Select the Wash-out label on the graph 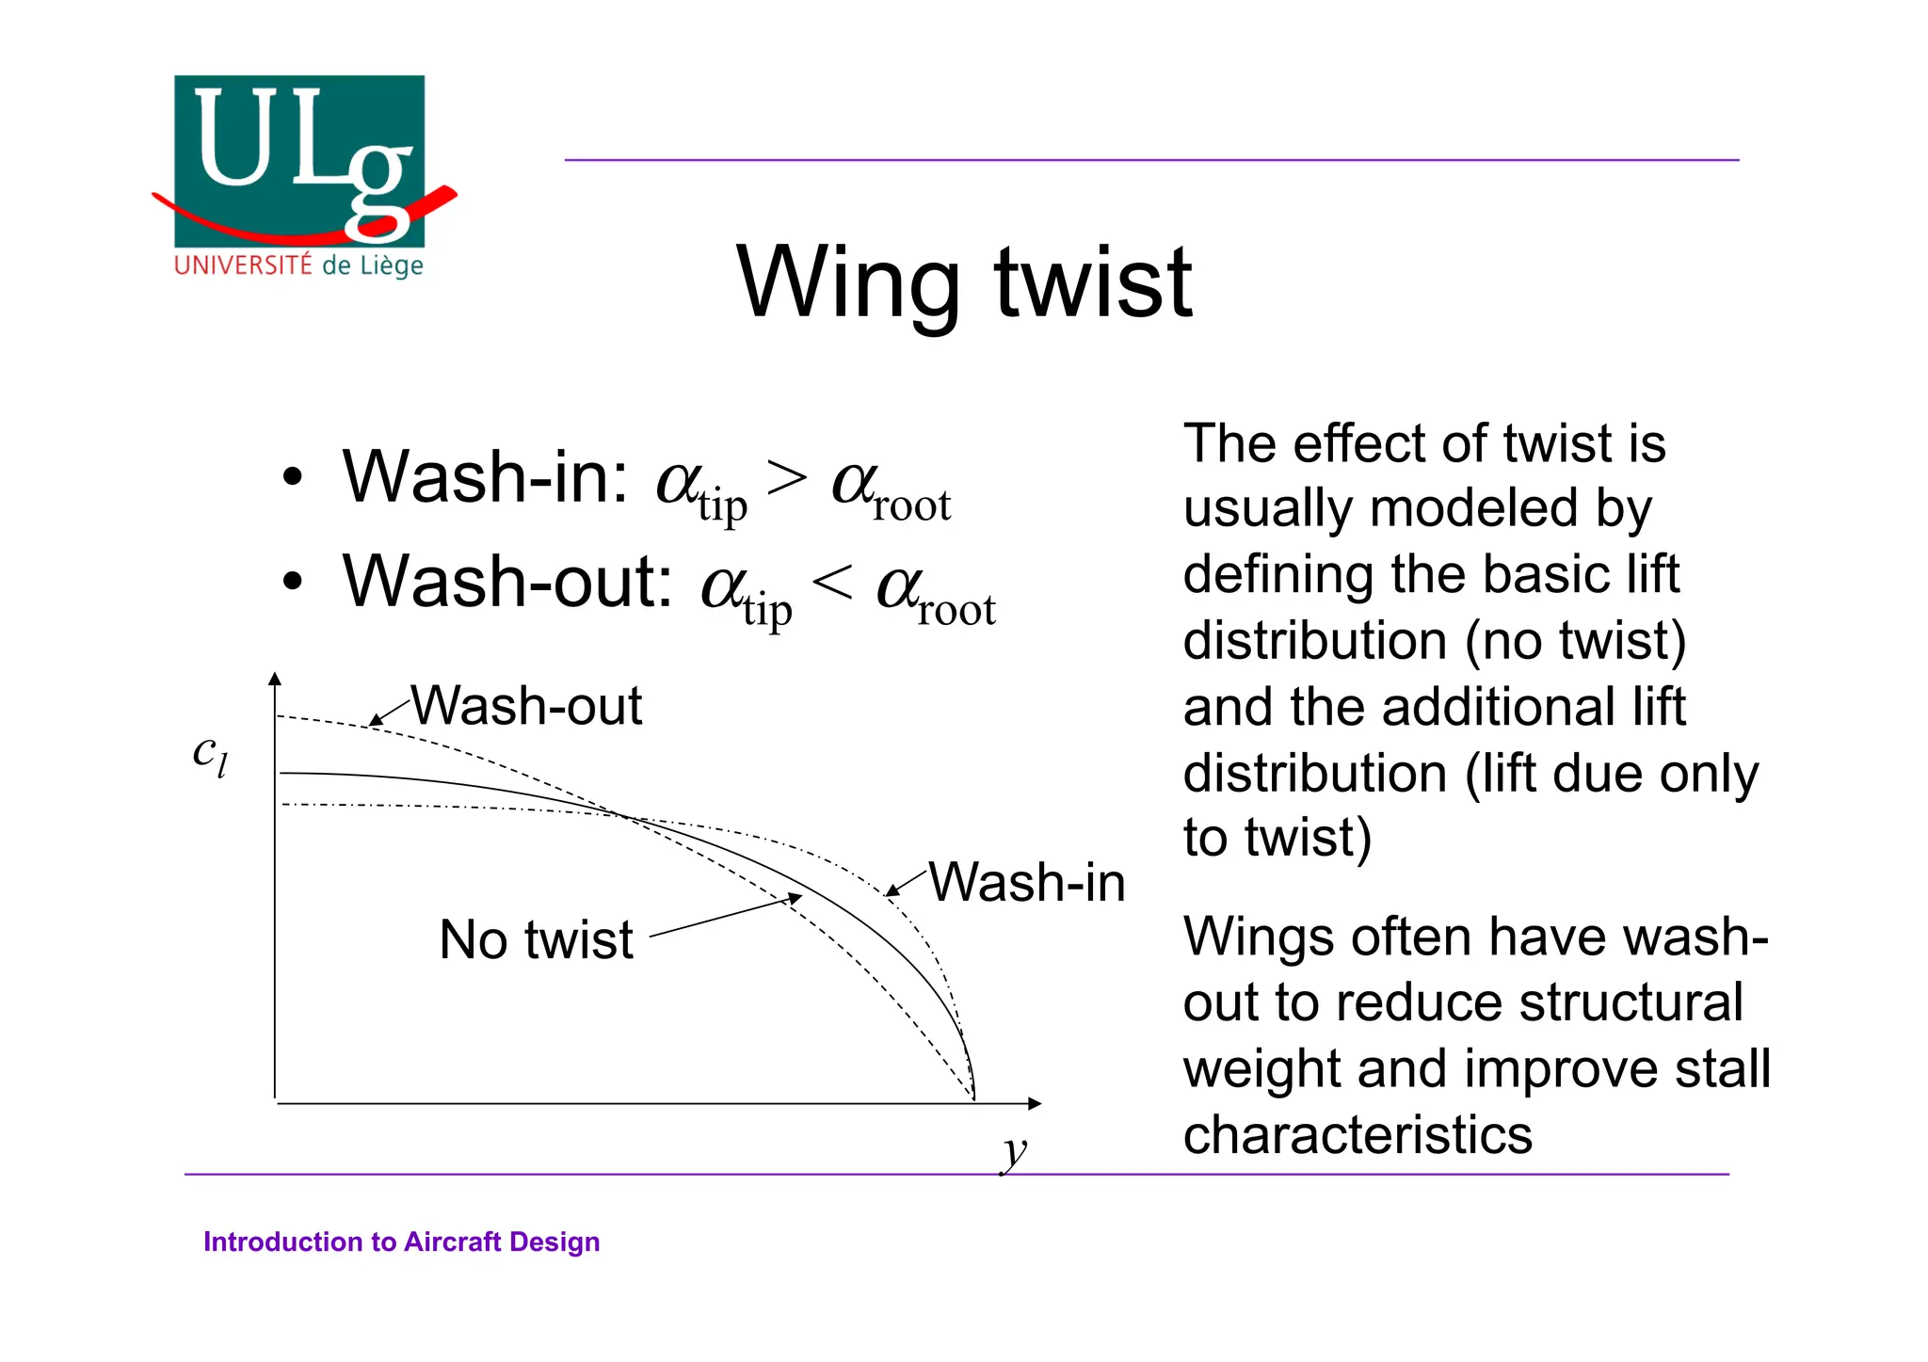coord(526,705)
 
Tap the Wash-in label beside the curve coord(1026,883)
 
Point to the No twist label coord(536,939)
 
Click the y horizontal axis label coord(1015,1151)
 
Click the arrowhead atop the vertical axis coord(275,679)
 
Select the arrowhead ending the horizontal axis coord(1035,1103)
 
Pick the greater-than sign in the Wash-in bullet coord(787,477)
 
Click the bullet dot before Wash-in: coord(294,478)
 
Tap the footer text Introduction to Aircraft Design coord(401,1242)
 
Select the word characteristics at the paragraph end coord(1357,1134)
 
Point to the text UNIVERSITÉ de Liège coord(298,265)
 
